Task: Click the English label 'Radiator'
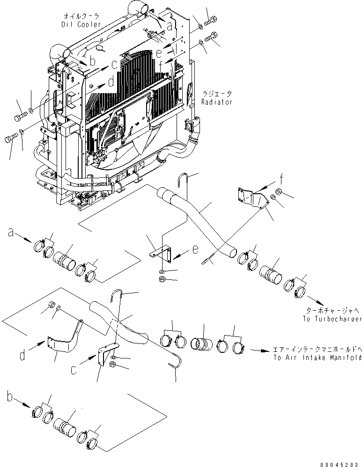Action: click(216, 102)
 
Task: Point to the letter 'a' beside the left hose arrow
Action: click(11, 231)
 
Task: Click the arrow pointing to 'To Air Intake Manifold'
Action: click(260, 350)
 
